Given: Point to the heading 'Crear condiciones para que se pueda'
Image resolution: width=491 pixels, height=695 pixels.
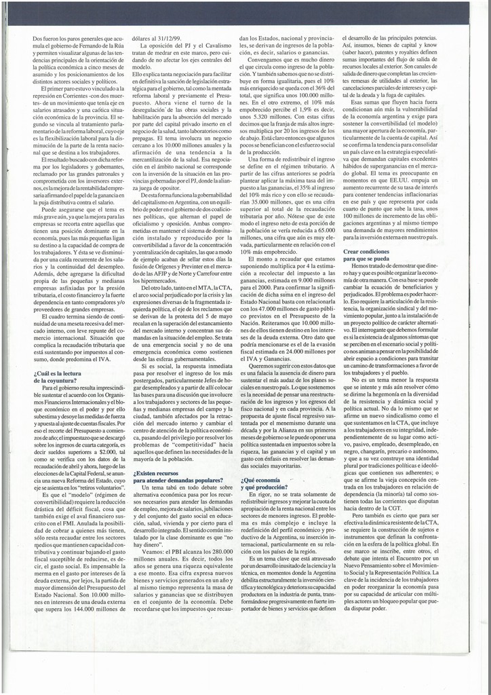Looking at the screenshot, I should [x=371, y=254].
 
